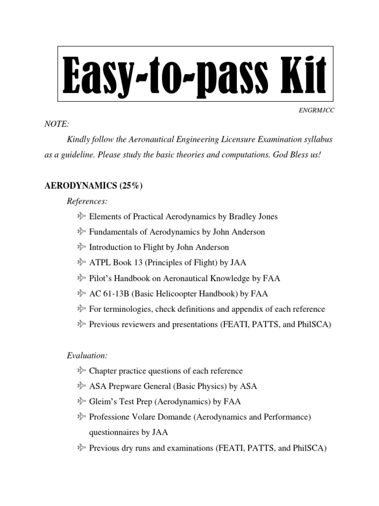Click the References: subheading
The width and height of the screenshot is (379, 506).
tap(87, 201)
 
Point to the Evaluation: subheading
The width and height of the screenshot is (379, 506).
tap(87, 355)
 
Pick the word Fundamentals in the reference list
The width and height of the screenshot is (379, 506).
tap(114, 232)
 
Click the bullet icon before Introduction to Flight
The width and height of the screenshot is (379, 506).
tap(81, 247)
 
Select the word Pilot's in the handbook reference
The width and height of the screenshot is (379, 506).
tap(101, 278)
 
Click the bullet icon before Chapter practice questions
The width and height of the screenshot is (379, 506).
tap(81, 371)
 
